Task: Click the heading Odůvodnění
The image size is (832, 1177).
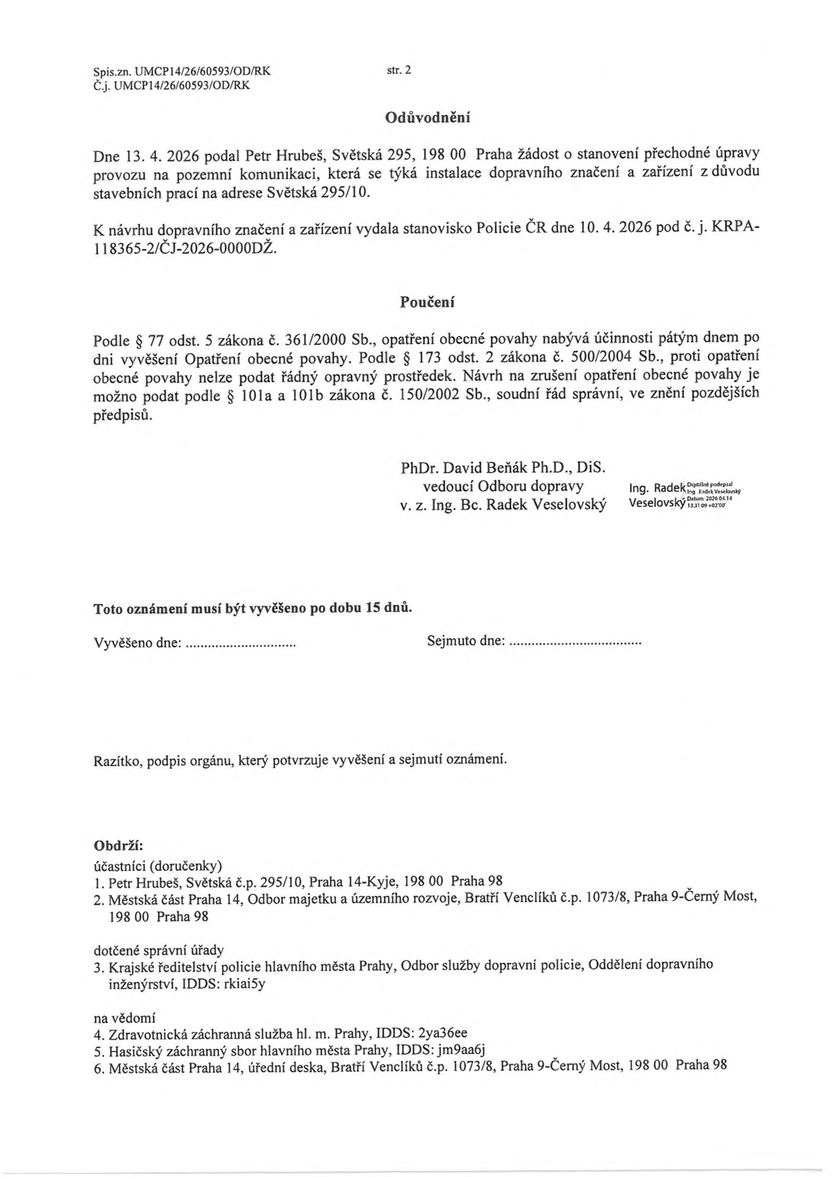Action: (x=427, y=118)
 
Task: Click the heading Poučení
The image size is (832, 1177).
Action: (x=427, y=302)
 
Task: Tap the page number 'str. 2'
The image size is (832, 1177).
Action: (x=399, y=69)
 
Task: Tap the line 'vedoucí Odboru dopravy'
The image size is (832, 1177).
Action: (x=503, y=486)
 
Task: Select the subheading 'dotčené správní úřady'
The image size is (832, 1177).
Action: (x=158, y=950)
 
